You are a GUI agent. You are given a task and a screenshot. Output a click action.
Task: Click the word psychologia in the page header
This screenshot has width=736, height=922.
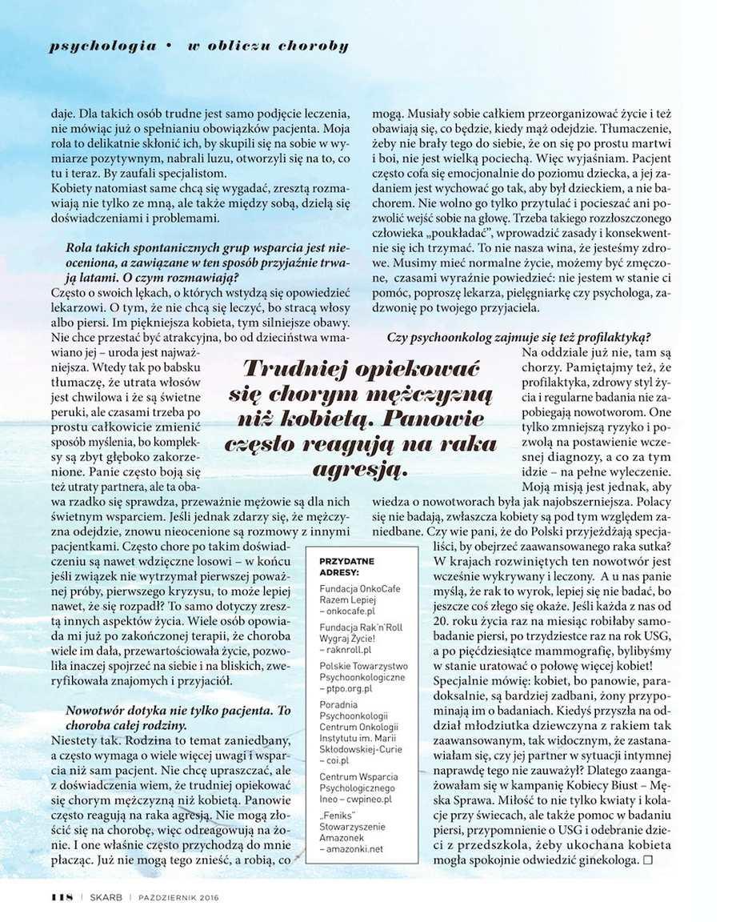click(x=102, y=46)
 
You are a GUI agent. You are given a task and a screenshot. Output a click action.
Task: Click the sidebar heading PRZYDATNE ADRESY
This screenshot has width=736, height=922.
click(x=346, y=567)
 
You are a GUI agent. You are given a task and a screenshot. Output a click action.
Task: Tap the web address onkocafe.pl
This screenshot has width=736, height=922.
click(x=353, y=610)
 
